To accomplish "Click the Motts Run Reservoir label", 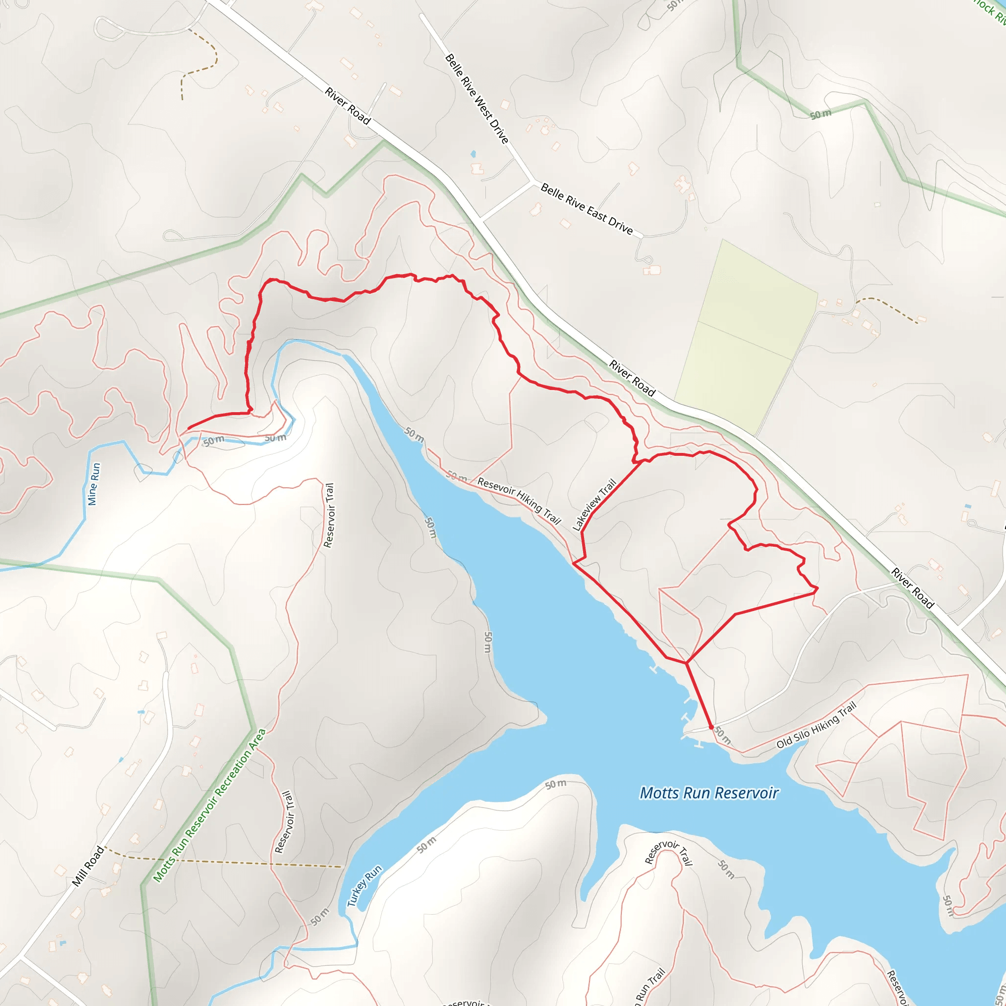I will (x=709, y=792).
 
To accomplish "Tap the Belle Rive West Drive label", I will (x=476, y=98).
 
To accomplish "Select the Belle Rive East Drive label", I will (x=587, y=209).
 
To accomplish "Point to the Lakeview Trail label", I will (x=594, y=504).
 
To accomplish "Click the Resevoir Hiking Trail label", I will (x=519, y=501).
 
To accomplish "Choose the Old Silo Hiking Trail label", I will (x=816, y=726).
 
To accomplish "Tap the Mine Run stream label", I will (x=94, y=484).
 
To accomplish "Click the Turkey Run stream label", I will (x=364, y=886).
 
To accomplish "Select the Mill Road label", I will (x=88, y=866).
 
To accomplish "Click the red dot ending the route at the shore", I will (x=711, y=727).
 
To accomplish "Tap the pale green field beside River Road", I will (x=746, y=338).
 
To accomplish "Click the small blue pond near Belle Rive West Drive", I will (x=473, y=154).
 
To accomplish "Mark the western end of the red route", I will (x=189, y=428).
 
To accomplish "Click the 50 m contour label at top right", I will (x=821, y=114).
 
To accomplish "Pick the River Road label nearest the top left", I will (x=347, y=106).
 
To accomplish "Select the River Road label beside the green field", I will (x=632, y=378).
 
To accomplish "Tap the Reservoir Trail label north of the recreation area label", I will (x=329, y=515).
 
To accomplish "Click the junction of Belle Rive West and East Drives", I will (x=532, y=182).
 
